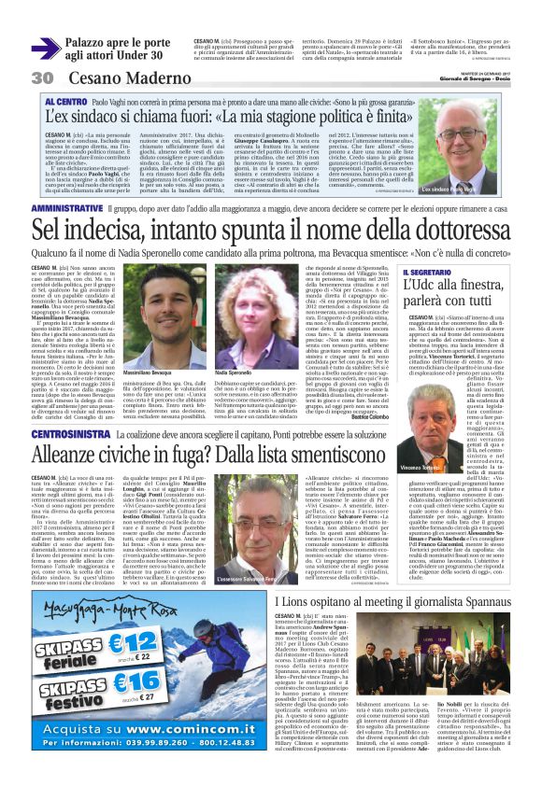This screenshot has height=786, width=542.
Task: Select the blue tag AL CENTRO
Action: pos(66,101)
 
